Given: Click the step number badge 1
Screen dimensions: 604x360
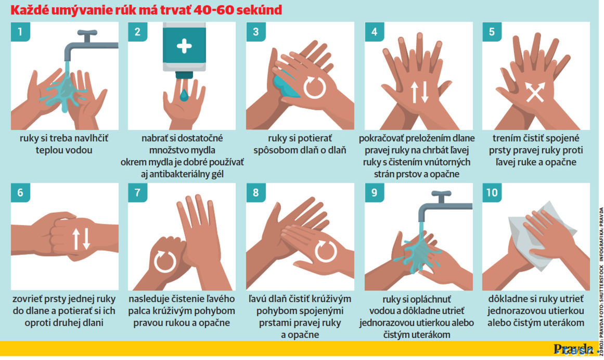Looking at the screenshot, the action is coord(20,32).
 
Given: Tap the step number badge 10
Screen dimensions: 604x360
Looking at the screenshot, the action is coord(492,192).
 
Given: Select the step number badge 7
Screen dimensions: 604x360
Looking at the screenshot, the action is coord(137,192).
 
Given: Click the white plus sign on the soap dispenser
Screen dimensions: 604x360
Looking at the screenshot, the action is coord(184,46).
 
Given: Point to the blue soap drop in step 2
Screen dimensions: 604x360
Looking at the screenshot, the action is coord(184,95).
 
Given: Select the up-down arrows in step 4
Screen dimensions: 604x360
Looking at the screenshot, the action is coord(419,93).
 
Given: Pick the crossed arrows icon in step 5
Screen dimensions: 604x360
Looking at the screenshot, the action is coord(535,93).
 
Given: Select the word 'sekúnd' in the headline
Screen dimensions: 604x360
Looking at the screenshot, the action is coord(259,10).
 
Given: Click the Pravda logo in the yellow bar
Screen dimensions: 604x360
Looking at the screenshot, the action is coord(574,349).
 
